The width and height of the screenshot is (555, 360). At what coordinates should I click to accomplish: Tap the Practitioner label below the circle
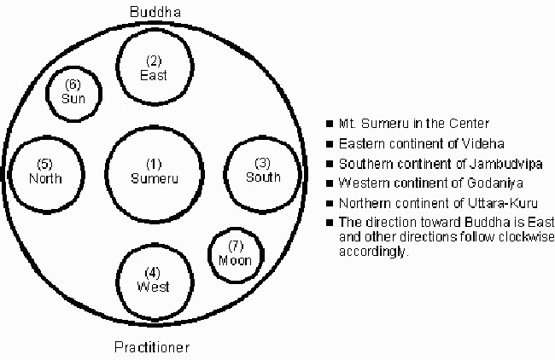pos(152,347)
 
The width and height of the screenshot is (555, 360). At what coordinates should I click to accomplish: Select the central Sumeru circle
pos(153,171)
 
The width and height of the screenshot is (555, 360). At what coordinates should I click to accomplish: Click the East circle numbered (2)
pos(154,67)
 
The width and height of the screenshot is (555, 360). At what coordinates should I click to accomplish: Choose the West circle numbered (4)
pos(154,279)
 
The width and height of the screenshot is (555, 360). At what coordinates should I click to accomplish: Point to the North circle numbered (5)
pos(45,171)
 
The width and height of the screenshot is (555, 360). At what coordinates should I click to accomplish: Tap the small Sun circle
pos(73,91)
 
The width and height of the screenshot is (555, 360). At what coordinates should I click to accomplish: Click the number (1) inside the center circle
pos(153,163)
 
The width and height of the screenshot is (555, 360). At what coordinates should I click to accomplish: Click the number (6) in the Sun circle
pos(73,85)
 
